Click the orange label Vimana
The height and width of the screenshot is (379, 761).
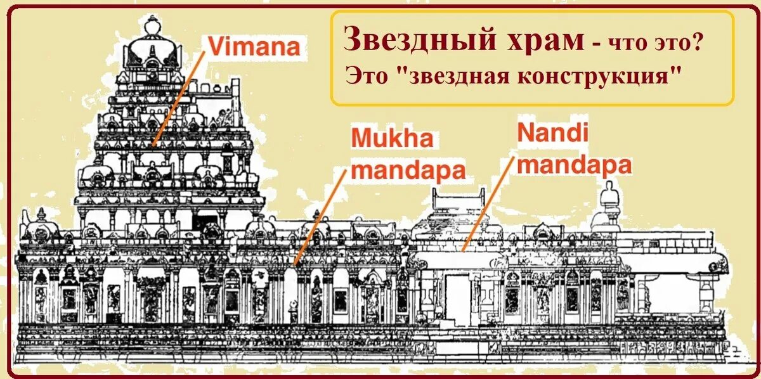coord(252,46)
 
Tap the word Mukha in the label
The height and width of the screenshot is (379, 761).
coord(391,139)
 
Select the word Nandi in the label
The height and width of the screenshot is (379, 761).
coord(553,133)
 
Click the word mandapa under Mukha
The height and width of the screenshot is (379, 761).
coord(408,170)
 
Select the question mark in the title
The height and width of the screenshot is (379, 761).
coord(702,43)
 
